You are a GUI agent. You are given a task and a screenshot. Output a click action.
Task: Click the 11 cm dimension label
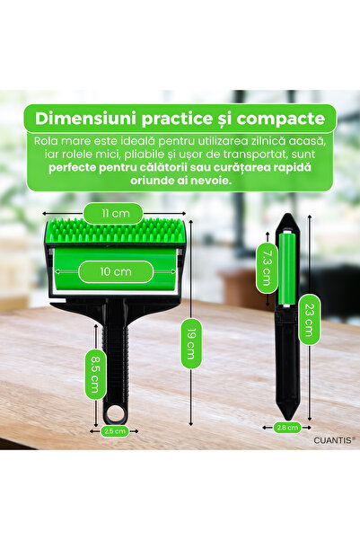tap(114, 213)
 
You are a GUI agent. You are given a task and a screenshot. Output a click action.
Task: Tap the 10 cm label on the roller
tap(116, 271)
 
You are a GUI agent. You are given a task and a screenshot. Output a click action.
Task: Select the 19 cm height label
tap(191, 343)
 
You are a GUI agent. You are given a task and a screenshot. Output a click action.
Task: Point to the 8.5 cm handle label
tap(95, 374)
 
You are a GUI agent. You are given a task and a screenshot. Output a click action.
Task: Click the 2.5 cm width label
tap(114, 430)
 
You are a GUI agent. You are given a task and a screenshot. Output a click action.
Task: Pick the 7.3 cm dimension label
tap(267, 268)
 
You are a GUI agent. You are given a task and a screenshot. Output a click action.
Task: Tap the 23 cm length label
tap(310, 319)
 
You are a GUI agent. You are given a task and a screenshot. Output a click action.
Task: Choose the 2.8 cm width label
tap(287, 428)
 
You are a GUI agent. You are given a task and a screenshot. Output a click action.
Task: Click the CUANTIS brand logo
tap(333, 439)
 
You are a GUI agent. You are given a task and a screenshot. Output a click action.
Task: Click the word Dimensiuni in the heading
tap(85, 119)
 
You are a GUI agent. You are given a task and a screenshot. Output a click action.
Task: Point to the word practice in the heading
tap(178, 120)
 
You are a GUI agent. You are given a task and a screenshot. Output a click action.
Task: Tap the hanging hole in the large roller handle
tap(115, 412)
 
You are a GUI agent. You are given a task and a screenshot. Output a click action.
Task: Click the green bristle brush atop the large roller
tap(117, 230)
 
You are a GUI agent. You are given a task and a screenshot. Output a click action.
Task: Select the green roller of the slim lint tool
tap(286, 269)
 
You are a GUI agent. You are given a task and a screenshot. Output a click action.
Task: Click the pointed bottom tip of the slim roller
tap(288, 420)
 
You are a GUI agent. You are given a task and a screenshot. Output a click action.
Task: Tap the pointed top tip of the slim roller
tap(287, 214)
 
